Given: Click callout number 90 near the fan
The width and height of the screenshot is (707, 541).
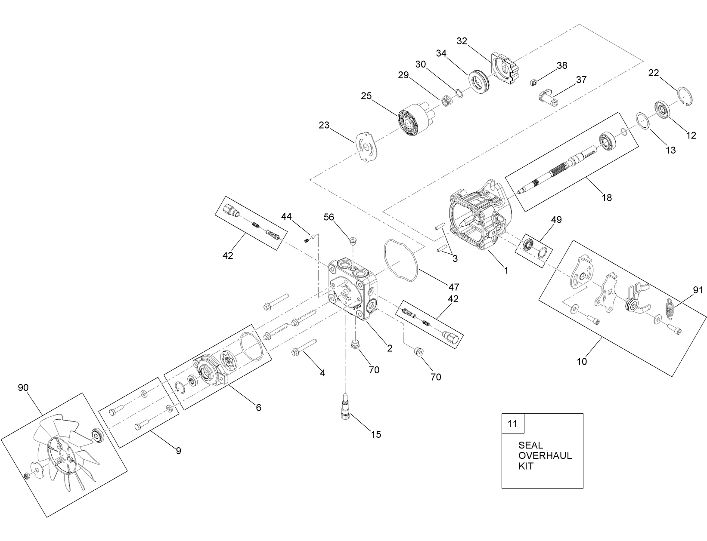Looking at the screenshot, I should (23, 387).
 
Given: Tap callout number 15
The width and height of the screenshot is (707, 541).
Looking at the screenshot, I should (376, 434).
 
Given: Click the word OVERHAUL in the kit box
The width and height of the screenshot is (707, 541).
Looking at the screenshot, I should (545, 455).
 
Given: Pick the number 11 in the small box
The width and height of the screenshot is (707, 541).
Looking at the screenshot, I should (512, 424).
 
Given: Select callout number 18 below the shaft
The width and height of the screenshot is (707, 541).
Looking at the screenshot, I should (607, 197).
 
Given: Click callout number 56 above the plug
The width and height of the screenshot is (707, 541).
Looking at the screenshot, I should (329, 217).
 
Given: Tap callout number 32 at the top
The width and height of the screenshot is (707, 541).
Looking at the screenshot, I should (462, 41).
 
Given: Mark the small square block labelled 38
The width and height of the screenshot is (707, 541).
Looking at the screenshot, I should (533, 81).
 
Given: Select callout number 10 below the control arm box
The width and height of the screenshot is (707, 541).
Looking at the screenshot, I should (582, 361).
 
